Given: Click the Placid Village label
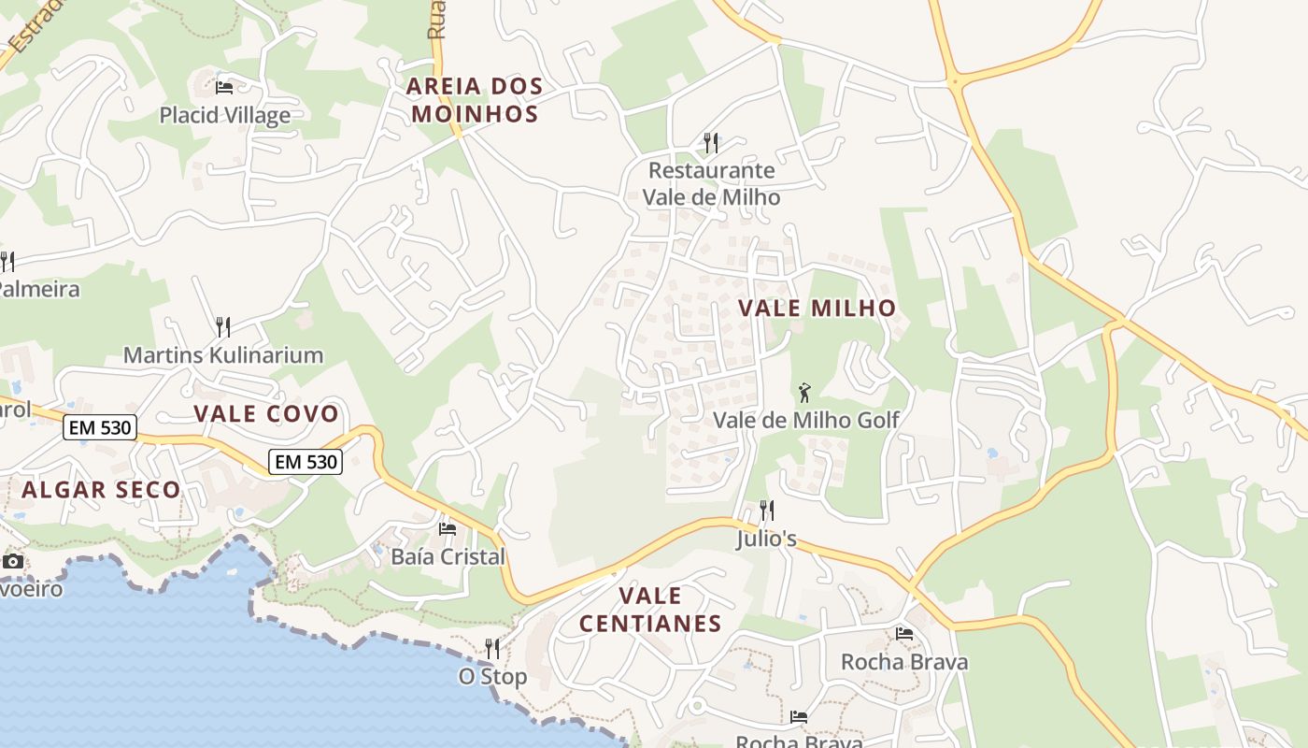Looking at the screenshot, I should tap(224, 115).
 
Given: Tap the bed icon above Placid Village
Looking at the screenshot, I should tap(224, 88).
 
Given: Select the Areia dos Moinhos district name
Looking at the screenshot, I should tap(475, 100).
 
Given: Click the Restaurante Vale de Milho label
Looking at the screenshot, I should tap(711, 183).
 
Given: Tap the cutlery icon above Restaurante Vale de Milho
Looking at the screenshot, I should tap(711, 142).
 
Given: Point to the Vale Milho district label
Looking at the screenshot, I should tap(817, 308).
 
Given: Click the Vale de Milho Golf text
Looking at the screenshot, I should tap(805, 420).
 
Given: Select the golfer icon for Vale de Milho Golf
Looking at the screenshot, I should tap(804, 393).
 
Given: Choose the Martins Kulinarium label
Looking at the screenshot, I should tap(223, 355).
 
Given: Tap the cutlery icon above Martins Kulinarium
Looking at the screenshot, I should tap(223, 326).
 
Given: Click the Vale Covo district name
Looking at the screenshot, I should tap(266, 414).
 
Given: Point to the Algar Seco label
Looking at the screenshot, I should tap(101, 489).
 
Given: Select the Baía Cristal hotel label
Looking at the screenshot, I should tap(448, 556).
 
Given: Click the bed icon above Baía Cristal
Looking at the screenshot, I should tap(448, 529).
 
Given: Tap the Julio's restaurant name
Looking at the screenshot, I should tap(766, 539).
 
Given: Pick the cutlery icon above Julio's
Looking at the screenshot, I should tap(766, 510).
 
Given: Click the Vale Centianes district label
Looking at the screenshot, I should tap(650, 610).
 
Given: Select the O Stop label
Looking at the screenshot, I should tap(492, 676).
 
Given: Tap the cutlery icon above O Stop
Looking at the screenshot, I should tap(492, 648).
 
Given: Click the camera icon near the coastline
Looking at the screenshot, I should tap(12, 561).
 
